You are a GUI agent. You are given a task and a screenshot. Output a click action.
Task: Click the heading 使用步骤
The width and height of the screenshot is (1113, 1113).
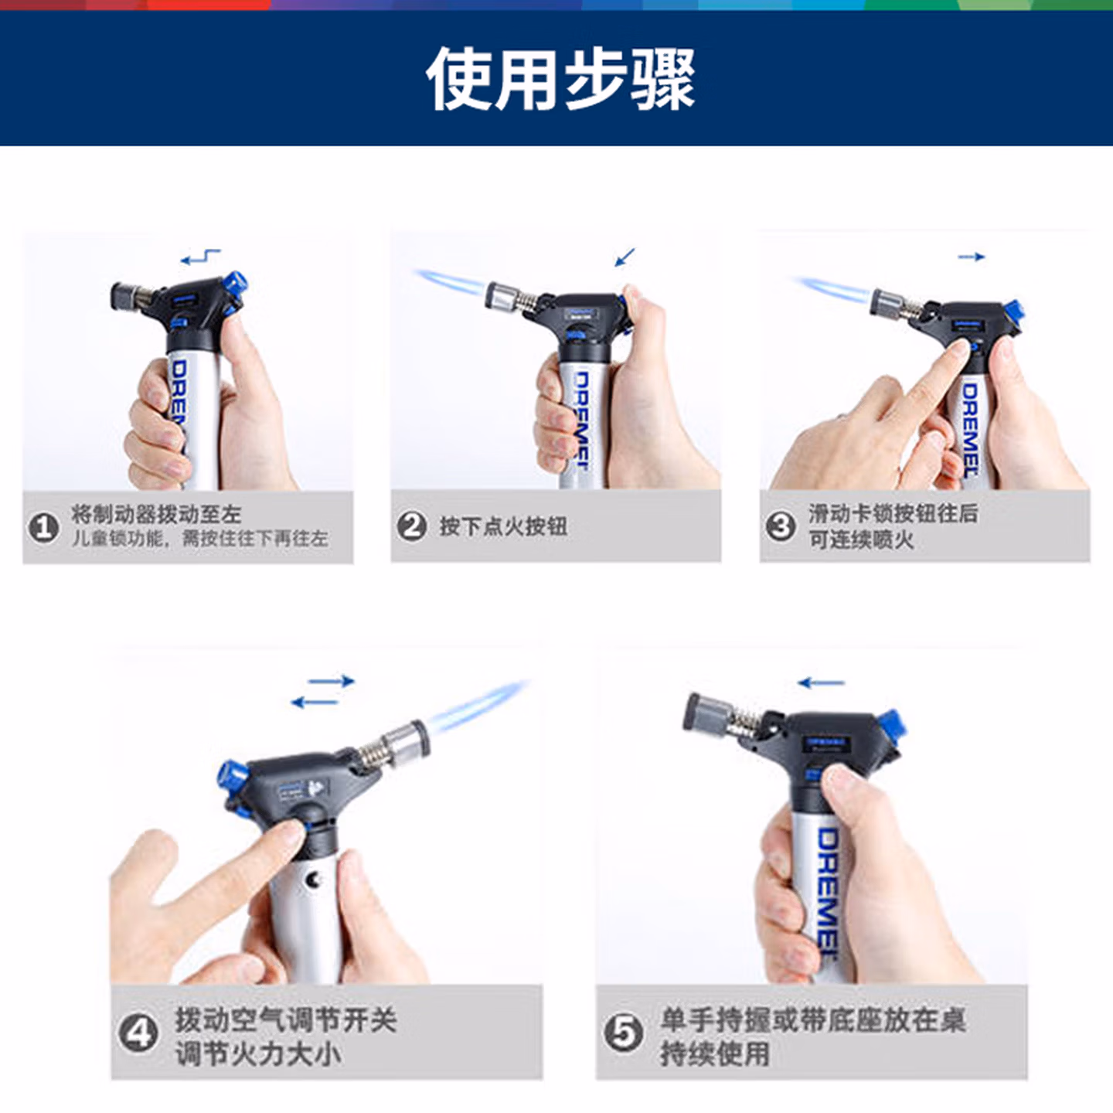pyautogui.click(x=560, y=79)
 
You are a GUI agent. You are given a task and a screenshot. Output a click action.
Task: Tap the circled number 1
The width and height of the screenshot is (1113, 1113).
pyautogui.click(x=45, y=528)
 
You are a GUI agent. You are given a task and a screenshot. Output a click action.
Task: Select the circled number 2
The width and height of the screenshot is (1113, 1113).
pyautogui.click(x=412, y=526)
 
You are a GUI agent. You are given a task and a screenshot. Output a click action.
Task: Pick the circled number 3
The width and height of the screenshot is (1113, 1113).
pyautogui.click(x=781, y=526)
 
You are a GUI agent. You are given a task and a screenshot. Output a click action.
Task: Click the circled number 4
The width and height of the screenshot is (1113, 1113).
pyautogui.click(x=138, y=1033)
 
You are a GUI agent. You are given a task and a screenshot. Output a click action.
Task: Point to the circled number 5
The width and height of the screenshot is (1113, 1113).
pyautogui.click(x=624, y=1033)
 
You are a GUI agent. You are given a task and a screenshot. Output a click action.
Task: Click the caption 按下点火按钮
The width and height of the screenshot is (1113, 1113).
pyautogui.click(x=503, y=526)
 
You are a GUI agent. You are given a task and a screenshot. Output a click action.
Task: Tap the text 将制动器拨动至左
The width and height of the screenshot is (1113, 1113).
pyautogui.click(x=156, y=514)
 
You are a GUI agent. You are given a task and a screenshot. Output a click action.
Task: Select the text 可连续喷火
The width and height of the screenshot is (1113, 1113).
pyautogui.click(x=860, y=539)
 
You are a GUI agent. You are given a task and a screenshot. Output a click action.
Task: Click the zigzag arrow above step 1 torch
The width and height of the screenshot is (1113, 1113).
pyautogui.click(x=200, y=257)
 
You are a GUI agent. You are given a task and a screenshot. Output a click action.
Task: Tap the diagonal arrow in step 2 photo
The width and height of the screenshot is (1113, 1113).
pyautogui.click(x=625, y=257)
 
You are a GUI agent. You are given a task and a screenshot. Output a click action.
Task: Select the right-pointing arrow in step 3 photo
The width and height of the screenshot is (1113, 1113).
pyautogui.click(x=971, y=257)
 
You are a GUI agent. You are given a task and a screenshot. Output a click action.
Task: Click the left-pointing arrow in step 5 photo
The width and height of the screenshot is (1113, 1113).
pyautogui.click(x=821, y=683)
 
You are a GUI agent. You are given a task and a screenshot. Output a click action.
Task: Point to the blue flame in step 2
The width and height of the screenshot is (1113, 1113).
pyautogui.click(x=451, y=282)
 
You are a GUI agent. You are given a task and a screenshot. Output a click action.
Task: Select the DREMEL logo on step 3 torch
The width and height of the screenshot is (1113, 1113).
pyautogui.click(x=970, y=430)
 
